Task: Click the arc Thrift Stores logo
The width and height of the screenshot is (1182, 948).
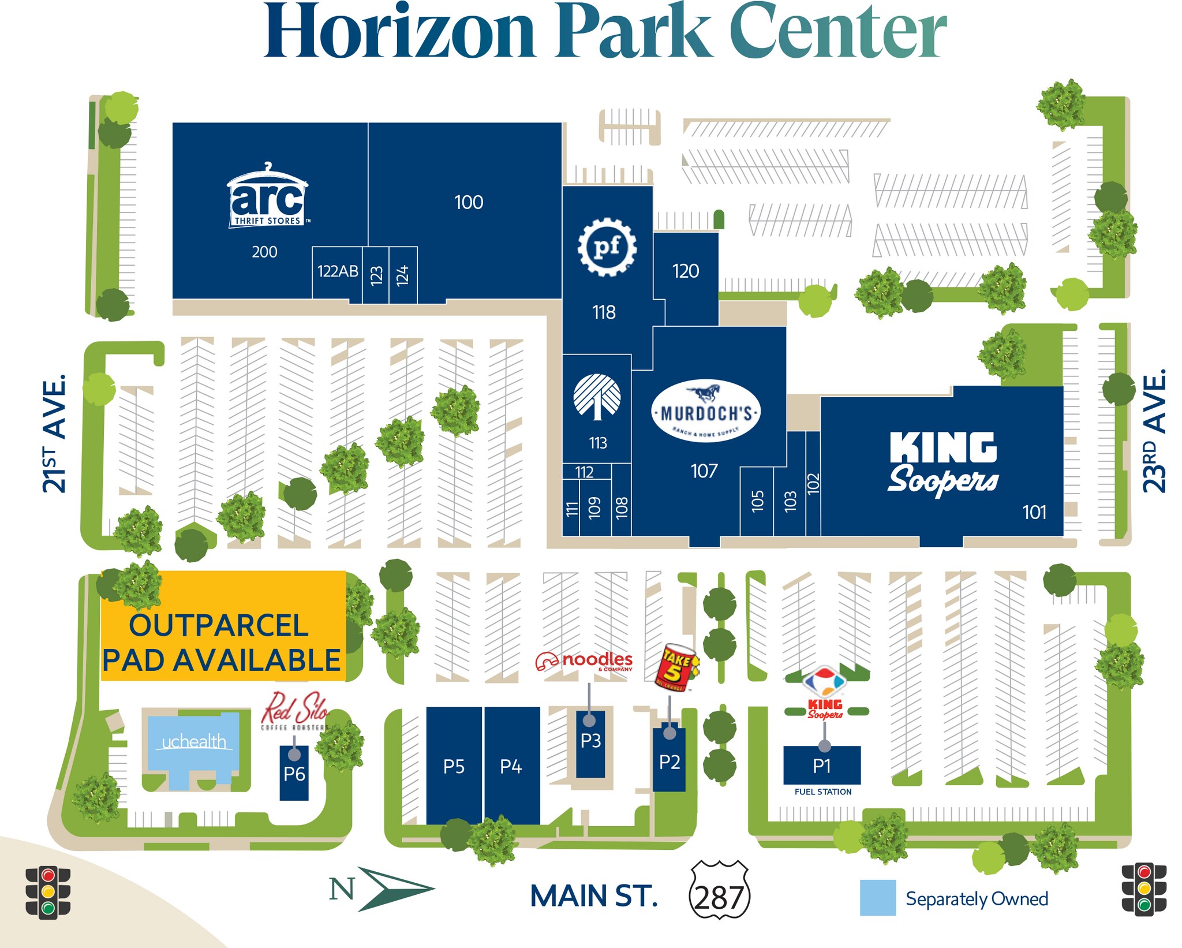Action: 268,196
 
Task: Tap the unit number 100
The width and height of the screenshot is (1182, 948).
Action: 468,202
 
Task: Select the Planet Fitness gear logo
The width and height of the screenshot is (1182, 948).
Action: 607,247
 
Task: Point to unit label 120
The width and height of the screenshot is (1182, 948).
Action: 685,271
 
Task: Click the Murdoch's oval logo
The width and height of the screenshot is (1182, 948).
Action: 705,410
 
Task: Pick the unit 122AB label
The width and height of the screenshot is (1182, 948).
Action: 338,271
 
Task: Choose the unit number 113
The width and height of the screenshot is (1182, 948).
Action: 597,443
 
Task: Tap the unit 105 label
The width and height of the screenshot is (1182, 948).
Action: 757,501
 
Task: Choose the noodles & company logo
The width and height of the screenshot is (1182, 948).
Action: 584,661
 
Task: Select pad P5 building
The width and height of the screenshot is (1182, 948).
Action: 454,766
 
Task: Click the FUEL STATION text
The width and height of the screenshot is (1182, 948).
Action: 822,792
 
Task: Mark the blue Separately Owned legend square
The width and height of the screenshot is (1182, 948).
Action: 877,897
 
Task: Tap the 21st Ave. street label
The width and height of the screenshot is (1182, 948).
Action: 54,433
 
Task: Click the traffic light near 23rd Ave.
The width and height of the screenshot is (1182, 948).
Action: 1143,889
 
